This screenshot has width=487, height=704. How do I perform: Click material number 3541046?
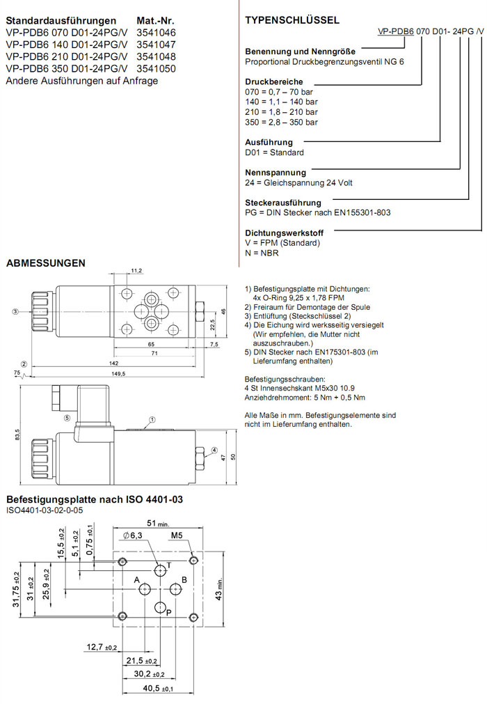(157, 33)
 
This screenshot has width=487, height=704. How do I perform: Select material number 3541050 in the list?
(157, 69)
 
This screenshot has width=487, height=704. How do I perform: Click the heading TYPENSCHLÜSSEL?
(292, 21)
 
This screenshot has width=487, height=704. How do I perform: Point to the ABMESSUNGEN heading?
(46, 263)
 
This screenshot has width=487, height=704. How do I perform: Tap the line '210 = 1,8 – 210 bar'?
(281, 111)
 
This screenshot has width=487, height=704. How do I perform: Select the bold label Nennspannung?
(276, 172)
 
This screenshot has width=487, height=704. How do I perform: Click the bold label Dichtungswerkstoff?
(283, 233)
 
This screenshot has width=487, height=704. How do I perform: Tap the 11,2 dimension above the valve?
(136, 270)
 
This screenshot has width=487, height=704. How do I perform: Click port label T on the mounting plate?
(169, 565)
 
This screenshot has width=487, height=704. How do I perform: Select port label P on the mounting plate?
(168, 611)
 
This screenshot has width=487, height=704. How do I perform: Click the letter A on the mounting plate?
(137, 580)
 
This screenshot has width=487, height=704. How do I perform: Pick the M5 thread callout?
(177, 536)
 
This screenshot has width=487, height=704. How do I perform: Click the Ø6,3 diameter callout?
(132, 535)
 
